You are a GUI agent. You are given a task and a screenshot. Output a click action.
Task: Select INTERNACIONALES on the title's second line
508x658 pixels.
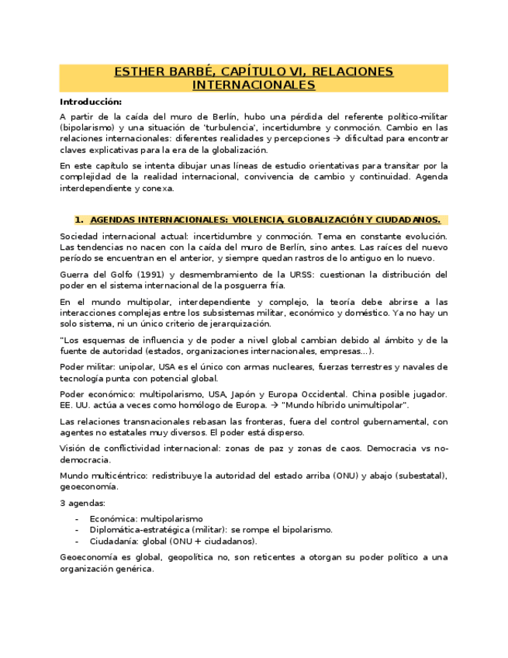click(254, 85)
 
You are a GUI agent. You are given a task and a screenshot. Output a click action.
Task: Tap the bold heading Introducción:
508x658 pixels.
click(91, 102)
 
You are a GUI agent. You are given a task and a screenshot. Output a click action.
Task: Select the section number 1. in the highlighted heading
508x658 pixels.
click(78, 220)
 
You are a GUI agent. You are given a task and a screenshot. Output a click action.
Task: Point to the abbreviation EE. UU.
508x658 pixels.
click(74, 406)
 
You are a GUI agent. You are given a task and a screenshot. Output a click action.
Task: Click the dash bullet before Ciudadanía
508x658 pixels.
click(76, 541)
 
